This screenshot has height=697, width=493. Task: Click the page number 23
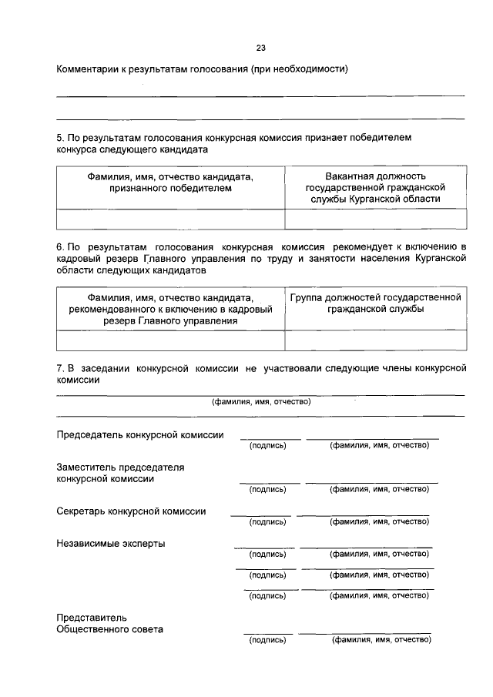tap(261, 48)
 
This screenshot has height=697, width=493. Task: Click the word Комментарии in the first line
tap(88, 69)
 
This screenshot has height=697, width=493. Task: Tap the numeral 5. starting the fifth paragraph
tap(61, 137)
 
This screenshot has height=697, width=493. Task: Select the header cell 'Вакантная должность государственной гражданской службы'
tap(375, 187)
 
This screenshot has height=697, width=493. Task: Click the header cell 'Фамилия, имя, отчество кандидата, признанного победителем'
tap(170, 182)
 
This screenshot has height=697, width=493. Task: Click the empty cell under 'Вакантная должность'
tap(375, 219)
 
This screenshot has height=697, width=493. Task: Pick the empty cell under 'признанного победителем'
tap(170, 219)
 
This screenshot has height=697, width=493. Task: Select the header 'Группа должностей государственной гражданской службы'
tap(375, 303)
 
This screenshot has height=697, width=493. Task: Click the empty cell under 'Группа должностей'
tap(375, 340)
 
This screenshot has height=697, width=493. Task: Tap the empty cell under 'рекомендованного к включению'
tap(170, 340)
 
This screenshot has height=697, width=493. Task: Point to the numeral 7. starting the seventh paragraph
tap(61, 368)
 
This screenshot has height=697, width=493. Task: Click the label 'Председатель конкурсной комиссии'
tap(140, 435)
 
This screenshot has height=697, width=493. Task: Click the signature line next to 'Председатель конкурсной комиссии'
tap(270, 437)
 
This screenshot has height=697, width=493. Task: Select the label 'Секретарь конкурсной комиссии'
tap(131, 511)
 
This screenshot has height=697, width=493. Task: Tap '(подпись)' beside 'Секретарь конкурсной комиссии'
tap(267, 521)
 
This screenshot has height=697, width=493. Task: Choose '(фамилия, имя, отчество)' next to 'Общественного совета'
tap(381, 640)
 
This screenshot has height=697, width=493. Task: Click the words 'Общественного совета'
tap(110, 628)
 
